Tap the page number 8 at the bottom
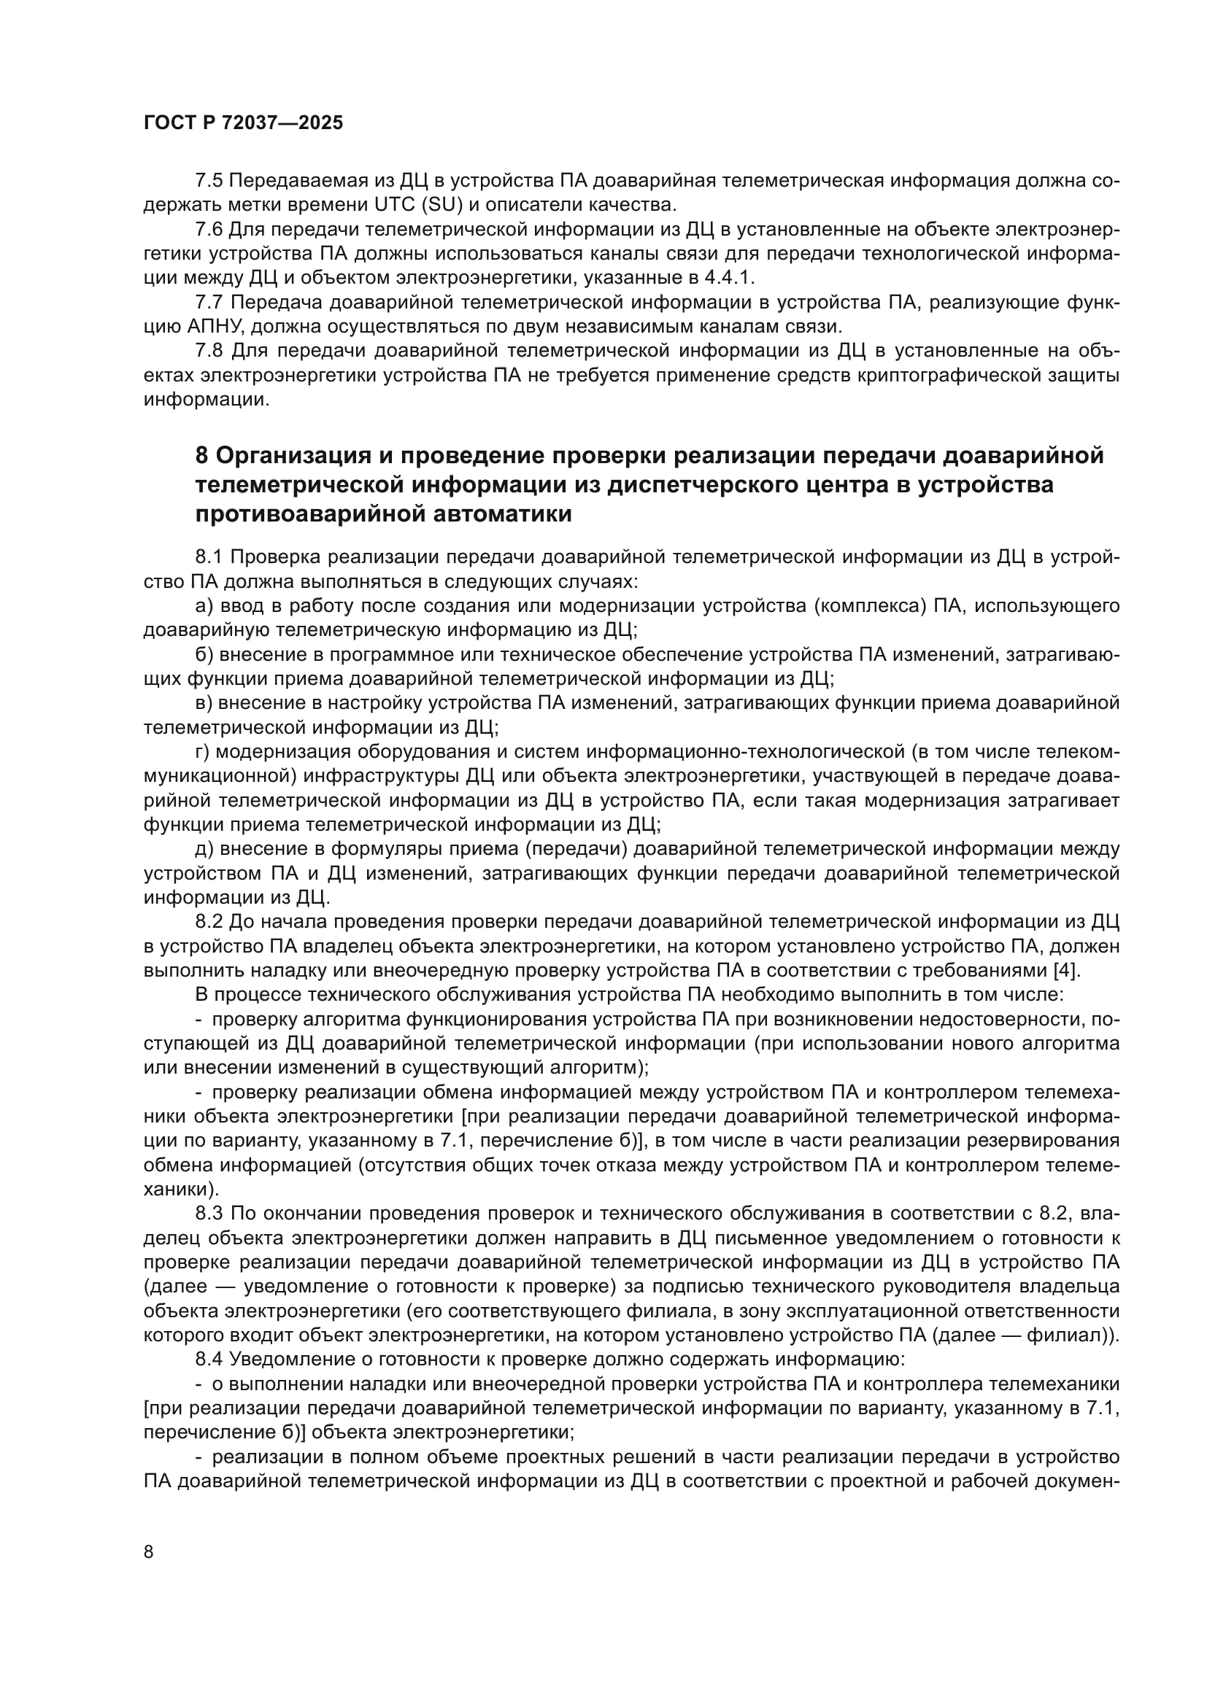(149, 1552)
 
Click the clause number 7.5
(209, 181)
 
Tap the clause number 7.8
(209, 351)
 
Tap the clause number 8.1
(209, 557)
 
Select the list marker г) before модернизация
(202, 752)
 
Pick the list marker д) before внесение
(204, 848)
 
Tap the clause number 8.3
(209, 1214)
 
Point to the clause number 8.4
(209, 1359)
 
